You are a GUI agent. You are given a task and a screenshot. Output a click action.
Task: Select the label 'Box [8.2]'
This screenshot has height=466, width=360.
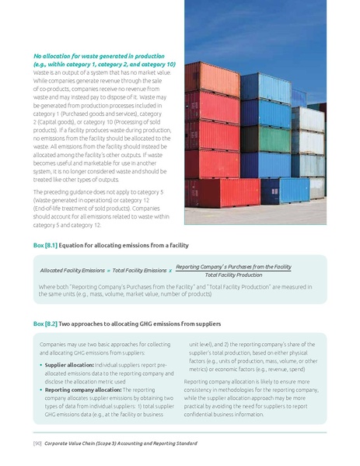(45, 323)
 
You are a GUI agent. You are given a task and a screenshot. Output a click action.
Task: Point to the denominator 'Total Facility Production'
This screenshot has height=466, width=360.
(233, 275)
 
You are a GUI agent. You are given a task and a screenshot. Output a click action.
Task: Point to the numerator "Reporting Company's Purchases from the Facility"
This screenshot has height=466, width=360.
(233, 266)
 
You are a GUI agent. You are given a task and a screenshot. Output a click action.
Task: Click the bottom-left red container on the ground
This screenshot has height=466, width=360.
(211, 191)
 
